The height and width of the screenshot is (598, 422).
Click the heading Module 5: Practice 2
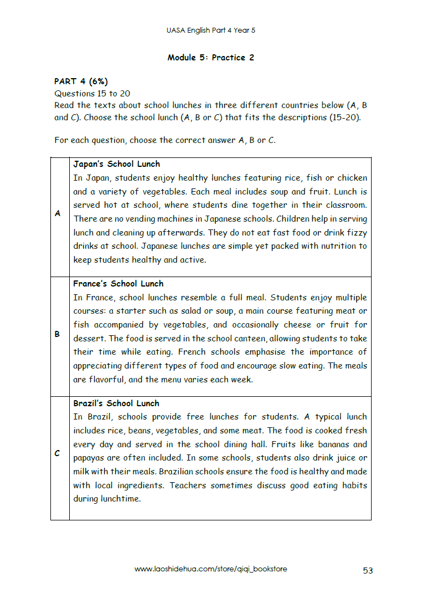coord(211,58)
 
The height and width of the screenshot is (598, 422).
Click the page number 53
coord(368,570)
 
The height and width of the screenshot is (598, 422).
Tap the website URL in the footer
coord(211,569)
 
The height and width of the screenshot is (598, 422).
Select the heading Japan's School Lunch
coord(116,164)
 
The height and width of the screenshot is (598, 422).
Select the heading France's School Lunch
coord(119,284)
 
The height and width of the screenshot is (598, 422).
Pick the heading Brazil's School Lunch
coord(116,403)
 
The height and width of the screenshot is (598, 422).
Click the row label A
coord(58,213)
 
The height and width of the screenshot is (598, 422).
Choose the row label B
coord(57,335)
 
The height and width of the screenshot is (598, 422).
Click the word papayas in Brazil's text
coord(90,458)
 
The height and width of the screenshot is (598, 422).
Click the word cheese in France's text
coord(299,325)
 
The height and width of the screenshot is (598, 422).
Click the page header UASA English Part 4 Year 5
coord(211,30)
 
